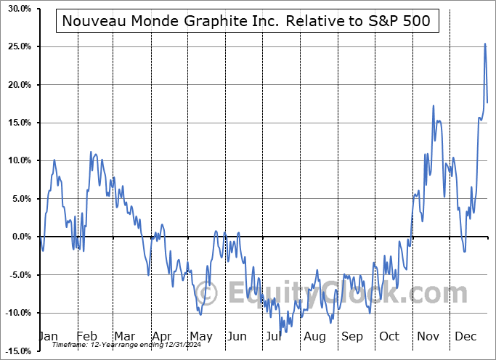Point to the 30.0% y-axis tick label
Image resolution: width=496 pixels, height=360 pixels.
point(17,9)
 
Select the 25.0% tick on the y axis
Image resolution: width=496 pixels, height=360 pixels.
point(17,46)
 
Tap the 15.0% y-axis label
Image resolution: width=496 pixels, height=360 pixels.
point(17,123)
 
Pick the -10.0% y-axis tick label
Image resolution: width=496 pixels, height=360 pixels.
point(15,313)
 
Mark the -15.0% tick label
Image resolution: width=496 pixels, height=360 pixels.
point(15,351)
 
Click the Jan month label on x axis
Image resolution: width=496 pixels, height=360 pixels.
point(47,337)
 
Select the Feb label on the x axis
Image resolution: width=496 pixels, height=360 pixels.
point(86,337)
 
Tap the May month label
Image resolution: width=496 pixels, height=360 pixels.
point(200,337)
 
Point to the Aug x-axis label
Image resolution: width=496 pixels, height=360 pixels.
point(315,337)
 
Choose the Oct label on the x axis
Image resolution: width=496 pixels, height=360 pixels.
point(389,337)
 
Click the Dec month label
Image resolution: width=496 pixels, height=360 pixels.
point(465,337)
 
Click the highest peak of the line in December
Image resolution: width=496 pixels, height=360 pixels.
point(484,44)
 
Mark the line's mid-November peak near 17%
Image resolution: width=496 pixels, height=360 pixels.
point(434,106)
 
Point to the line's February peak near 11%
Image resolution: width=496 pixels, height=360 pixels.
point(91,152)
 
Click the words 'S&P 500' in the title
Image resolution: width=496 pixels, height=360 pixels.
point(403,22)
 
